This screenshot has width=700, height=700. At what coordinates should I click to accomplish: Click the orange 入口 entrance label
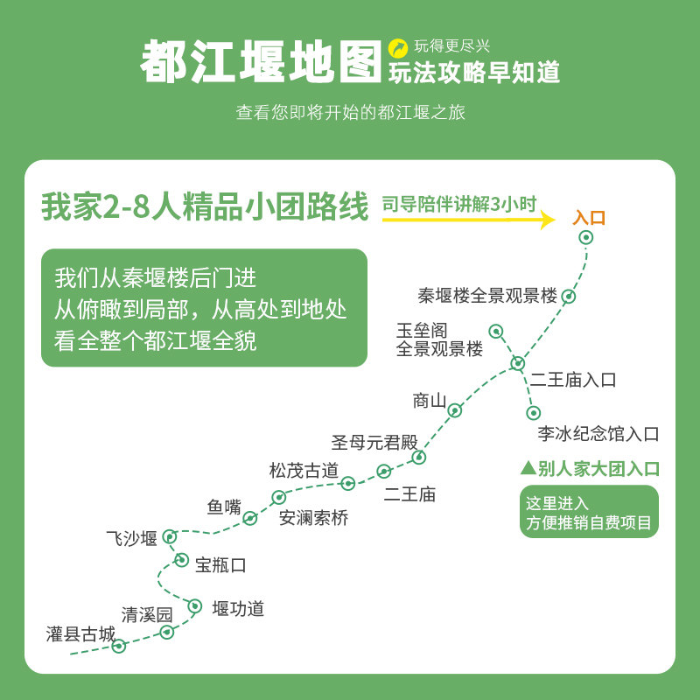pos(589,218)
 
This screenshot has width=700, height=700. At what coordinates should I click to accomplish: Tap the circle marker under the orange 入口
pos(585,237)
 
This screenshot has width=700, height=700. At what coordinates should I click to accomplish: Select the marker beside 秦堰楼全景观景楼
pos(568,296)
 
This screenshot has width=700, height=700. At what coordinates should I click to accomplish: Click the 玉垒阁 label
pos(422,331)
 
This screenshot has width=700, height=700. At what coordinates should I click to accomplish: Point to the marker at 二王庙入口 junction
pos(517,363)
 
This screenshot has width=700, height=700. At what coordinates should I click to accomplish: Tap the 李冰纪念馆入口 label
pos(598,433)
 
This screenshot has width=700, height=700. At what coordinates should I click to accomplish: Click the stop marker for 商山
pos(454,410)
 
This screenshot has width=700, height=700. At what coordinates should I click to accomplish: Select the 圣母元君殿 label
pos(374,443)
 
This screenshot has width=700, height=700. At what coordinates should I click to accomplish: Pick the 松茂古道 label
pos(304,471)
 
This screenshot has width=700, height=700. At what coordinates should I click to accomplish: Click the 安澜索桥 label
pos(313,518)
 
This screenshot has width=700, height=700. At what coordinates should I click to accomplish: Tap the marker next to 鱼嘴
pos(250,518)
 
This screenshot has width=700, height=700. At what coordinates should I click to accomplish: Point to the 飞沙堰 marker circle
pos(170,536)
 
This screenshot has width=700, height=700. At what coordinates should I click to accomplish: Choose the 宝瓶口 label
pos(220,565)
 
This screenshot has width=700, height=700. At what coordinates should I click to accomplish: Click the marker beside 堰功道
pos(194,606)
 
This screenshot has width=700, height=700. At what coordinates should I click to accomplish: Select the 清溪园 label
pos(147,615)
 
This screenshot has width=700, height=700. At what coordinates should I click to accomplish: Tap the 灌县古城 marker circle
pos(119,646)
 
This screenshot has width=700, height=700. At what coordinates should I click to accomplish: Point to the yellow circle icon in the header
pos(398,48)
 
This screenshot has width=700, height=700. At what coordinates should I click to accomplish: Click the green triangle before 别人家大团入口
pos(528,468)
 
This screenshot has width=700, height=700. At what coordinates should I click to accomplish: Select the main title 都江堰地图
pos(261,61)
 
